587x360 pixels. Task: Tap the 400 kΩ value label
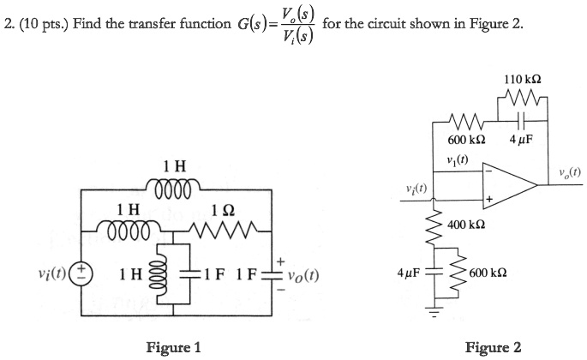click(468, 225)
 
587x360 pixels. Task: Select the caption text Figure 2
click(493, 346)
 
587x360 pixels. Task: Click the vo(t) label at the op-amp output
click(568, 171)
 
